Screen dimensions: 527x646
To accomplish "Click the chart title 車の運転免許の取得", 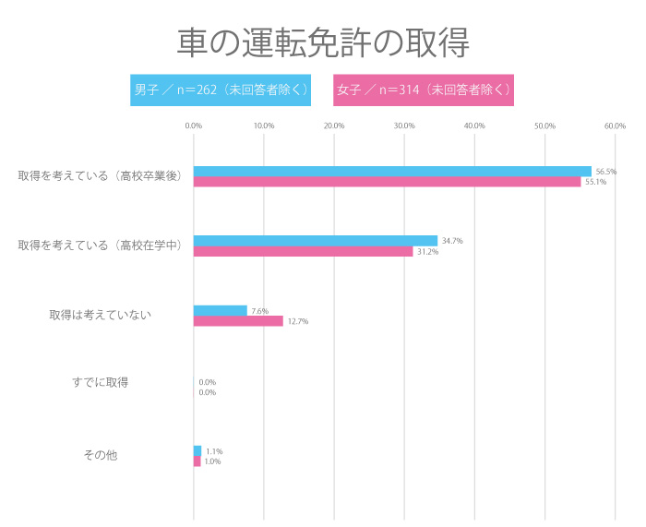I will (x=323, y=42).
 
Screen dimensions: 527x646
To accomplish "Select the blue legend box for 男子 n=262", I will (x=220, y=90).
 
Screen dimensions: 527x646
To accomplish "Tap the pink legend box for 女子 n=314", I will (x=423, y=90).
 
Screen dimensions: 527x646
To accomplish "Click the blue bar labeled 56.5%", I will (x=392, y=171).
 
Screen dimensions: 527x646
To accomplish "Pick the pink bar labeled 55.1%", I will (x=387, y=182).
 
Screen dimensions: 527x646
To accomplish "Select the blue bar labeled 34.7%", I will (x=316, y=240).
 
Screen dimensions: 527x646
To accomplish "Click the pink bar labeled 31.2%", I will (x=303, y=251).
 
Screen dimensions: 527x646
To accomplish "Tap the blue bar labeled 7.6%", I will (x=221, y=310).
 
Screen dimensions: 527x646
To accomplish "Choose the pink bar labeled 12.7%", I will (x=238, y=321).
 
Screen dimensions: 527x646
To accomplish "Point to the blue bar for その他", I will (x=197, y=450).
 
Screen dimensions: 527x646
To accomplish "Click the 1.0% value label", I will (x=212, y=461).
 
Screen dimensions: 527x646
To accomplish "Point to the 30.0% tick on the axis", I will (x=404, y=126).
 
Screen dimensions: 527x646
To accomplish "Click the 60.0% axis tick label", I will (x=615, y=126).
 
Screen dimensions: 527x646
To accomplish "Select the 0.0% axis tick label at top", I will (x=194, y=126).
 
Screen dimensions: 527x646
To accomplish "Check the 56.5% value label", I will (x=606, y=172).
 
